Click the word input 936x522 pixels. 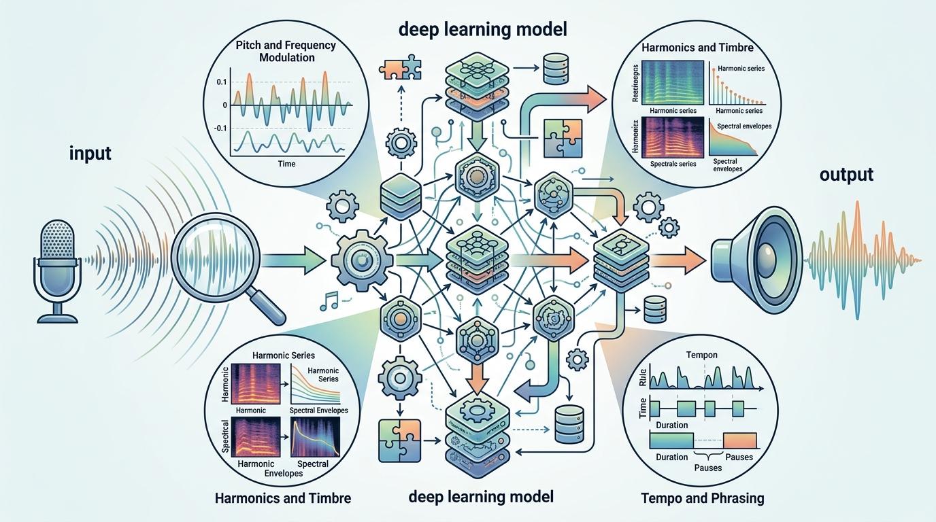[x=90, y=154]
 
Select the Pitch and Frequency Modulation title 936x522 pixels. [x=287, y=52]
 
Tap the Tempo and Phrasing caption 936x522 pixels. [x=702, y=498]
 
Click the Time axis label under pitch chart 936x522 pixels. [x=286, y=164]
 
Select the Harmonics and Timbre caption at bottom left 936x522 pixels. [x=282, y=498]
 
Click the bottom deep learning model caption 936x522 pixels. [x=481, y=497]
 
